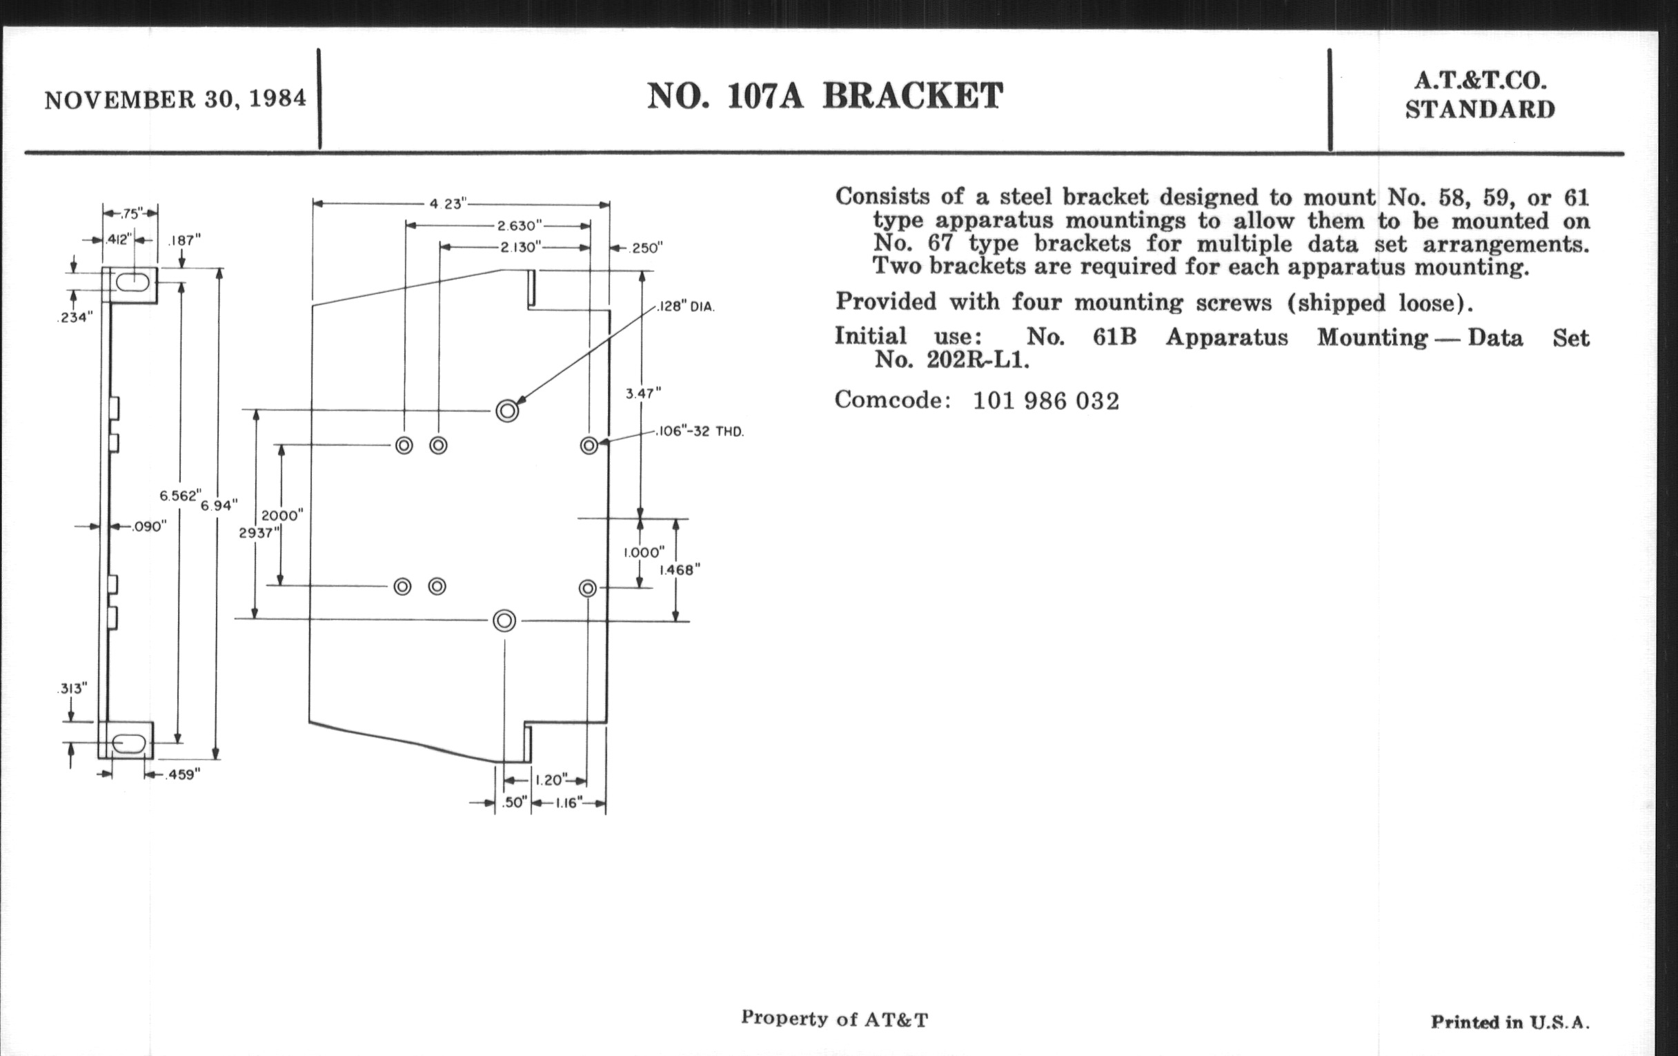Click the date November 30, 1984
(x=175, y=99)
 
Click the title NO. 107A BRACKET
(x=825, y=96)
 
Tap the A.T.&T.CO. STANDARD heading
(x=1479, y=95)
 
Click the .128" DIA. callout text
(x=687, y=306)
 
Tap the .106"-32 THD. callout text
(x=700, y=431)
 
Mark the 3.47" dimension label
(x=642, y=393)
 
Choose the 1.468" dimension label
(x=680, y=569)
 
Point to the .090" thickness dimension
(x=148, y=526)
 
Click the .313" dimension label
(x=72, y=689)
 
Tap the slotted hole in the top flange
(x=132, y=283)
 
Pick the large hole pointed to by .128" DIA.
(x=507, y=411)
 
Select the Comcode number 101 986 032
(x=1045, y=401)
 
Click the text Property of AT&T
(x=834, y=1019)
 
